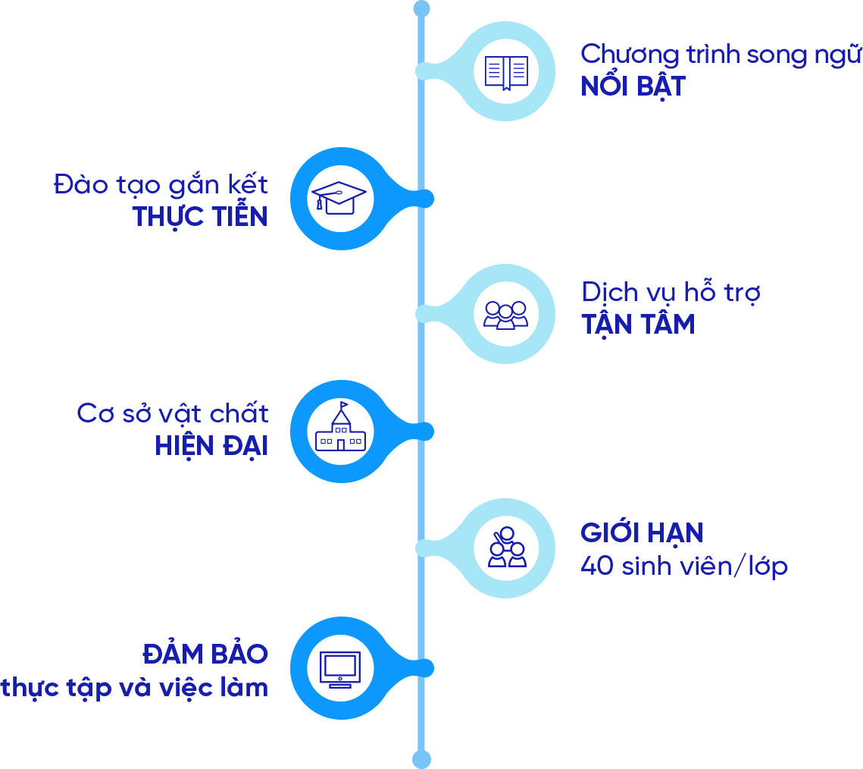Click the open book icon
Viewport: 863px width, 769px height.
(x=506, y=72)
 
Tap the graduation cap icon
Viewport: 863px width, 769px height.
(x=339, y=197)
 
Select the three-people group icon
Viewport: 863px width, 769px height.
(x=506, y=314)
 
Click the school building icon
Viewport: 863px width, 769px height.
(x=340, y=430)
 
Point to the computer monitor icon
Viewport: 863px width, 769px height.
(x=339, y=668)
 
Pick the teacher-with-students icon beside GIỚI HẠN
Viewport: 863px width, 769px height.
(x=506, y=548)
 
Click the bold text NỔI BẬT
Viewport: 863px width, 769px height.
(x=633, y=86)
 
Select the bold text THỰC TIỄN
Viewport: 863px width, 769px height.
(x=200, y=217)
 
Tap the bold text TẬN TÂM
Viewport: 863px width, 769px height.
(x=638, y=325)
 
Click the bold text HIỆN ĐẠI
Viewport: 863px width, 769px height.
(x=211, y=446)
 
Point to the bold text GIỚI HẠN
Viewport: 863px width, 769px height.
(x=642, y=533)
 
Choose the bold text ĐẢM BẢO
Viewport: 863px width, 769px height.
(x=205, y=654)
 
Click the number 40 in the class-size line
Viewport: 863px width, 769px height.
(x=596, y=567)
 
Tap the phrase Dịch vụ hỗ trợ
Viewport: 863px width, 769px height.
(x=671, y=293)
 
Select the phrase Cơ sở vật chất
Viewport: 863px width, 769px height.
(x=173, y=414)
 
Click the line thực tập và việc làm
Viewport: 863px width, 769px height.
(x=135, y=688)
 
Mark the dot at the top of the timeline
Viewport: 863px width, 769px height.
(x=421, y=8)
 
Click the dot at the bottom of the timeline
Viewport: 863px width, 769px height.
(x=421, y=759)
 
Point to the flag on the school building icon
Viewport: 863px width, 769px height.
(x=345, y=406)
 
